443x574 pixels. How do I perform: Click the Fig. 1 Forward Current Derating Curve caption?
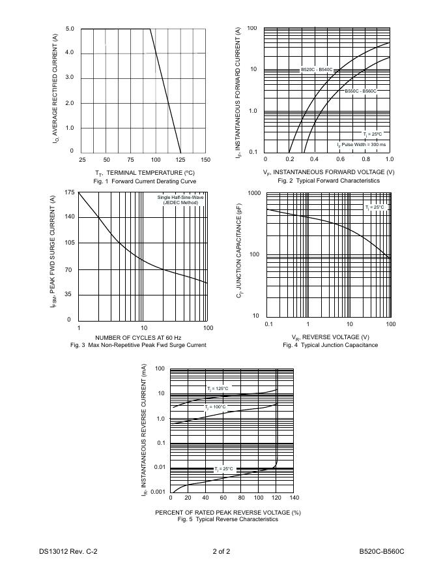144,181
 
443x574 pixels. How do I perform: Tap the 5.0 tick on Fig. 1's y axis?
70,29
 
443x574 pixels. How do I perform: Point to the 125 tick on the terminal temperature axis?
180,160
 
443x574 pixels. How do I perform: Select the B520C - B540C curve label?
317,70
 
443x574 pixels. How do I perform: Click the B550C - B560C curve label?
360,91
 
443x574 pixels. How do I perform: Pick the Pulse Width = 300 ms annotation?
362,144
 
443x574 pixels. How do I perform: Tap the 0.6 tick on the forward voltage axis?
339,160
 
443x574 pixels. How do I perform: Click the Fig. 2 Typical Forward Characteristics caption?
328,181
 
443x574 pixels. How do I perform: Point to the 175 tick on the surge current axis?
70,192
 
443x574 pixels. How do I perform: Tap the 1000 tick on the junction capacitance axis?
254,194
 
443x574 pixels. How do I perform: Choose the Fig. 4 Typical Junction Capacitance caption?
330,345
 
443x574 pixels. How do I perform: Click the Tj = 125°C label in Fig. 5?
218,388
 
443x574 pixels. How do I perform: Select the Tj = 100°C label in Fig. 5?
216,406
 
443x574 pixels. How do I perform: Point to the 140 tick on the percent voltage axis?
294,498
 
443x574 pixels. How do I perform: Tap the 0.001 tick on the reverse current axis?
158,491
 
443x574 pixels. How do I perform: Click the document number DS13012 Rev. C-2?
68,552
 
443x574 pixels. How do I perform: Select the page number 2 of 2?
221,552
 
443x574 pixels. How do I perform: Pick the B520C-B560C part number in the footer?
382,552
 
